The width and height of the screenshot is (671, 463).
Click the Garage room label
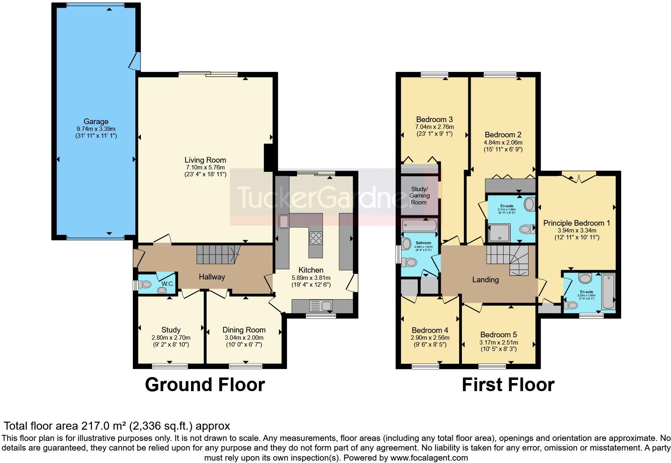(96, 121)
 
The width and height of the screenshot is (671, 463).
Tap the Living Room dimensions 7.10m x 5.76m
(205, 167)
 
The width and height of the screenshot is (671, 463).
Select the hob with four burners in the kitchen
(316, 239)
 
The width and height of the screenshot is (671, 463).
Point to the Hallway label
(212, 277)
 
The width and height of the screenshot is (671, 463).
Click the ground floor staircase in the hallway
(217, 255)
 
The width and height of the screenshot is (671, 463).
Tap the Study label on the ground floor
(171, 330)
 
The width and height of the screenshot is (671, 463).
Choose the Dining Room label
(244, 330)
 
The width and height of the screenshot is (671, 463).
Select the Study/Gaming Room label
(419, 196)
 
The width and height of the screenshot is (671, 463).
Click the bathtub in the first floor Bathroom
(420, 226)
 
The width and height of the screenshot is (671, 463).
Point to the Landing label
(485, 279)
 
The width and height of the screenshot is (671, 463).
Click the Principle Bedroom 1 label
(577, 223)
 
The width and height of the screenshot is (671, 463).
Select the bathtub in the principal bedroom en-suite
(608, 292)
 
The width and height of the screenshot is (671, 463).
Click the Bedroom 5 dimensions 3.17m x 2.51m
(498, 343)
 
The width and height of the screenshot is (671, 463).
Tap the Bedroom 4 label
(430, 330)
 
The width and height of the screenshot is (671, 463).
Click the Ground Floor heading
(205, 384)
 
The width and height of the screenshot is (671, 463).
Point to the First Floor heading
(508, 384)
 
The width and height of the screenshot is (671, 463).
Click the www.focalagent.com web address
(429, 458)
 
